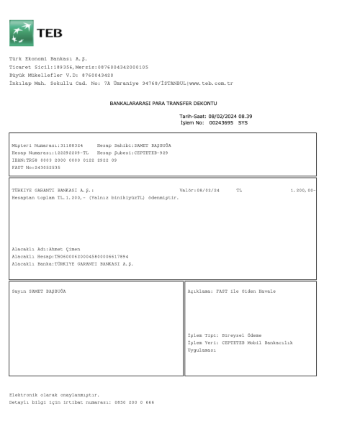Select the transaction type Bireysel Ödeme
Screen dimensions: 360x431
coord(243,335)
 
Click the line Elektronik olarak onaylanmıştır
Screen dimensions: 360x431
coord(54,394)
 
